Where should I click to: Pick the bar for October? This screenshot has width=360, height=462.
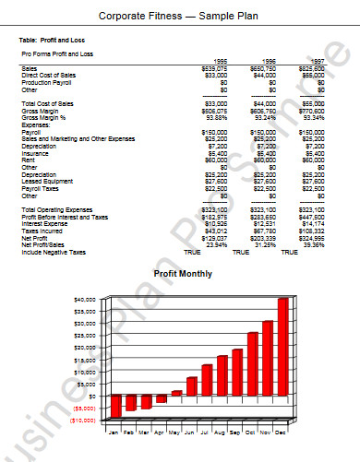click(x=253, y=362)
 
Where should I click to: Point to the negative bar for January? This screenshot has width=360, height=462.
click(x=116, y=407)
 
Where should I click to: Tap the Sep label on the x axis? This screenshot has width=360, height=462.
click(x=235, y=432)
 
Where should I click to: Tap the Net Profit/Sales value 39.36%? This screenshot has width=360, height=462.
click(x=312, y=244)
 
